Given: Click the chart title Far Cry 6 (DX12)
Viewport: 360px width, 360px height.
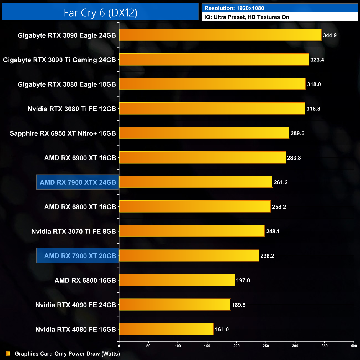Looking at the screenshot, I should (100, 13).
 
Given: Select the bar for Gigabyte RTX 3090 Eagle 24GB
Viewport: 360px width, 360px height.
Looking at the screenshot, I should (220, 35).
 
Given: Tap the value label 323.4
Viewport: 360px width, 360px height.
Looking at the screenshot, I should (317, 60).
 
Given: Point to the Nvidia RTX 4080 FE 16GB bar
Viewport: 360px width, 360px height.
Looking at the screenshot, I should (166, 329).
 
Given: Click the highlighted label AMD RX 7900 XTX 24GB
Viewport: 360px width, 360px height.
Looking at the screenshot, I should (78, 182).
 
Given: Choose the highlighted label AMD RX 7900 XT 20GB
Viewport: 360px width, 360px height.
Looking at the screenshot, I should (80, 256).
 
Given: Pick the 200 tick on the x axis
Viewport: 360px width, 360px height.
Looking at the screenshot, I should (236, 346).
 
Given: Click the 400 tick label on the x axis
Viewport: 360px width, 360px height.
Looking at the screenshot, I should (354, 346).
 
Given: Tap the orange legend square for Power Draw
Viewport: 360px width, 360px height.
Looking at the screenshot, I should (8, 353).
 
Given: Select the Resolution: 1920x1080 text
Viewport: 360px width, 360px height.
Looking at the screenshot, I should (234, 8).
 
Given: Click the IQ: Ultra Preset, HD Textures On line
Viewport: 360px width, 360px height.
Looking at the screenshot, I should (247, 17).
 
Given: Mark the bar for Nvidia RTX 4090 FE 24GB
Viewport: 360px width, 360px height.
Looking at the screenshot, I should (175, 305).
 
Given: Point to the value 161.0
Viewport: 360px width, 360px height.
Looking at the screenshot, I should (222, 330).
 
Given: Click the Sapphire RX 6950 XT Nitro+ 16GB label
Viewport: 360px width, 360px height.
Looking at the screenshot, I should (63, 133).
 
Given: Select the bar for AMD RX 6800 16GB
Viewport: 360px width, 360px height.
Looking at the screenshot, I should (177, 280).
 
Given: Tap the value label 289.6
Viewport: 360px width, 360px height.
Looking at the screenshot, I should (297, 133).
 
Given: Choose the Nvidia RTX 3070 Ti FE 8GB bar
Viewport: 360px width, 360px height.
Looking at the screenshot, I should (192, 231).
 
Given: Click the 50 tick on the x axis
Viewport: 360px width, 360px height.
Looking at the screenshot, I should (148, 346).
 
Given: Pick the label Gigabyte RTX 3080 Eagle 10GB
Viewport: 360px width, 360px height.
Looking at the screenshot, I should (67, 84).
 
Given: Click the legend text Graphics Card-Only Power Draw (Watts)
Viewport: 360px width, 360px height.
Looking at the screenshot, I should (67, 354).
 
